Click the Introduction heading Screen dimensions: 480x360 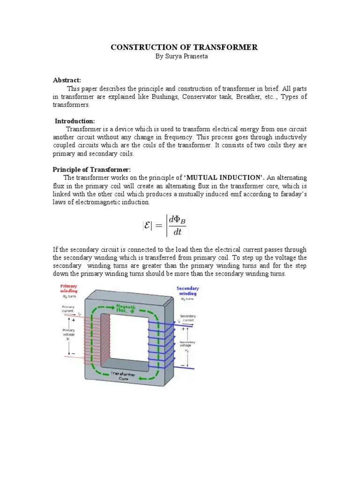click(75, 121)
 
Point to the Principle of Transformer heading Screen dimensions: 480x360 click(91, 169)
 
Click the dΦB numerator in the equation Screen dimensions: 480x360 click(177, 219)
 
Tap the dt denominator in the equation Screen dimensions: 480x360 click(177, 232)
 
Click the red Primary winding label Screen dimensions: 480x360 click(68, 288)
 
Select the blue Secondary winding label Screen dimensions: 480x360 click(187, 291)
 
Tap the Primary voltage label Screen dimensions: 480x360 click(69, 332)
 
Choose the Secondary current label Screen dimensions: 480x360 click(187, 318)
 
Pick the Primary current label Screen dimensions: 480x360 click(68, 309)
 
